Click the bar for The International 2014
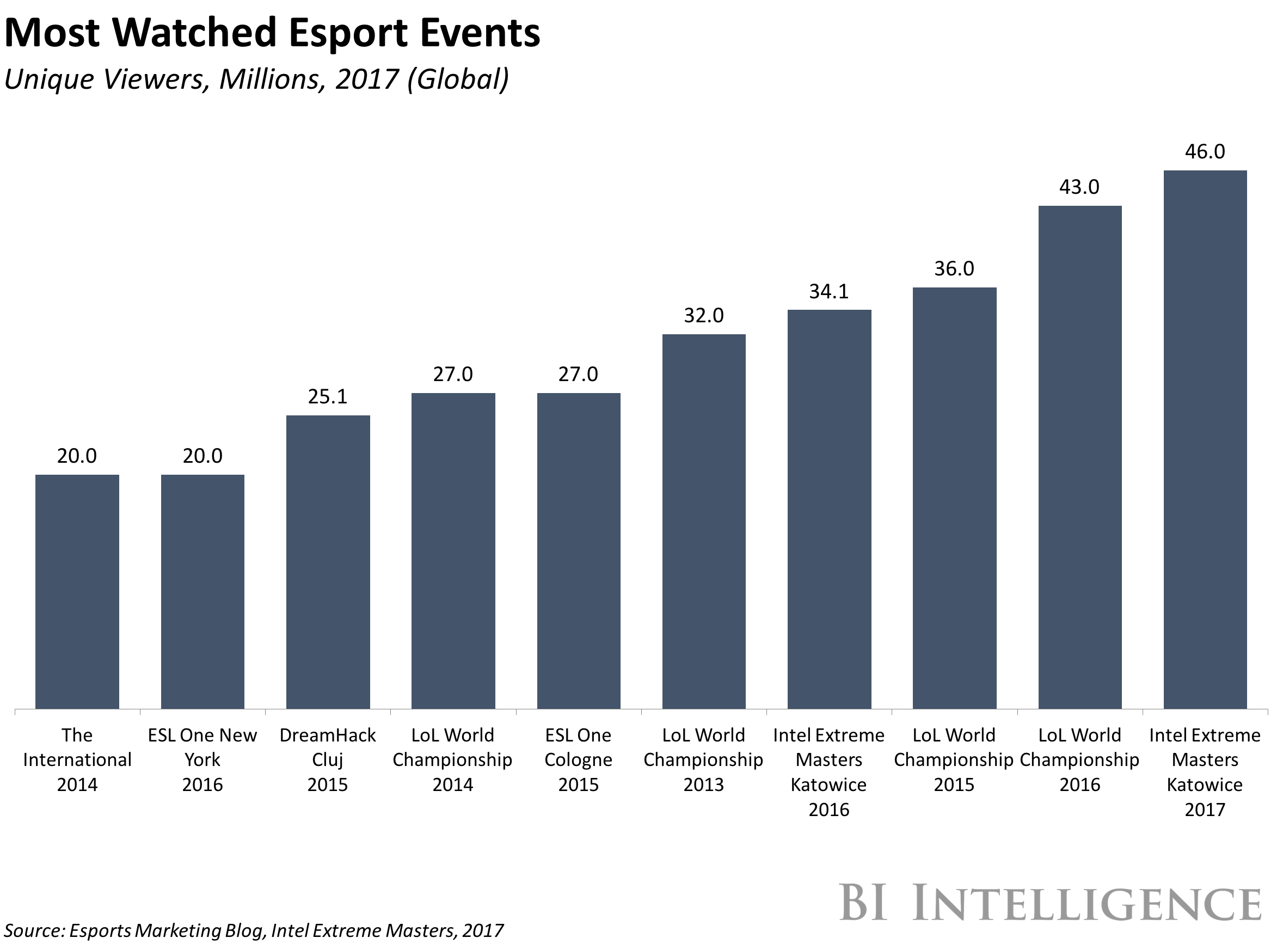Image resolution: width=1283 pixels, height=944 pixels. (77, 591)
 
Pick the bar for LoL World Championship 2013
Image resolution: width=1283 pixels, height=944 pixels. (704, 521)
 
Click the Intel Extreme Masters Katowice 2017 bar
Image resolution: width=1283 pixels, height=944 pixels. (1205, 439)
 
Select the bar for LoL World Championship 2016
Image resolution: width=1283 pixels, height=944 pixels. (1079, 457)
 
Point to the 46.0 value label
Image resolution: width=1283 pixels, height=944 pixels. (1205, 151)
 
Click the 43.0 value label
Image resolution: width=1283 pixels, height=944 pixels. (1079, 187)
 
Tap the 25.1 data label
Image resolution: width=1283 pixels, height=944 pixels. (327, 396)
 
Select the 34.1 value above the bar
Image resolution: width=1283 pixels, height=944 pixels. (829, 291)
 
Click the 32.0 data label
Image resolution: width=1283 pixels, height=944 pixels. (704, 315)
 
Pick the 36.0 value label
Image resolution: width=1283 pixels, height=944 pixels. (954, 268)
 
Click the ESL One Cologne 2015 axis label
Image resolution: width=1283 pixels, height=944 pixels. (578, 759)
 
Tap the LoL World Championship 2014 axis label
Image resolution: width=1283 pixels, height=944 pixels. (452, 759)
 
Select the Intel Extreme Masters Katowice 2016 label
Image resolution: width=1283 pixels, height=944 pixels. (829, 772)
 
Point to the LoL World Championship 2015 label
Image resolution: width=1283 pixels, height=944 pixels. (954, 759)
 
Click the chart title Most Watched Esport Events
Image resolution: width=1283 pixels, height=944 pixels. (272, 33)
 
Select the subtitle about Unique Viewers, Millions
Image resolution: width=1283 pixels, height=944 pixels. (256, 79)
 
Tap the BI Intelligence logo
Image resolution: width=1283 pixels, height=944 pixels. (1050, 903)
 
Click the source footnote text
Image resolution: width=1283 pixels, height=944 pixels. (254, 931)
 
